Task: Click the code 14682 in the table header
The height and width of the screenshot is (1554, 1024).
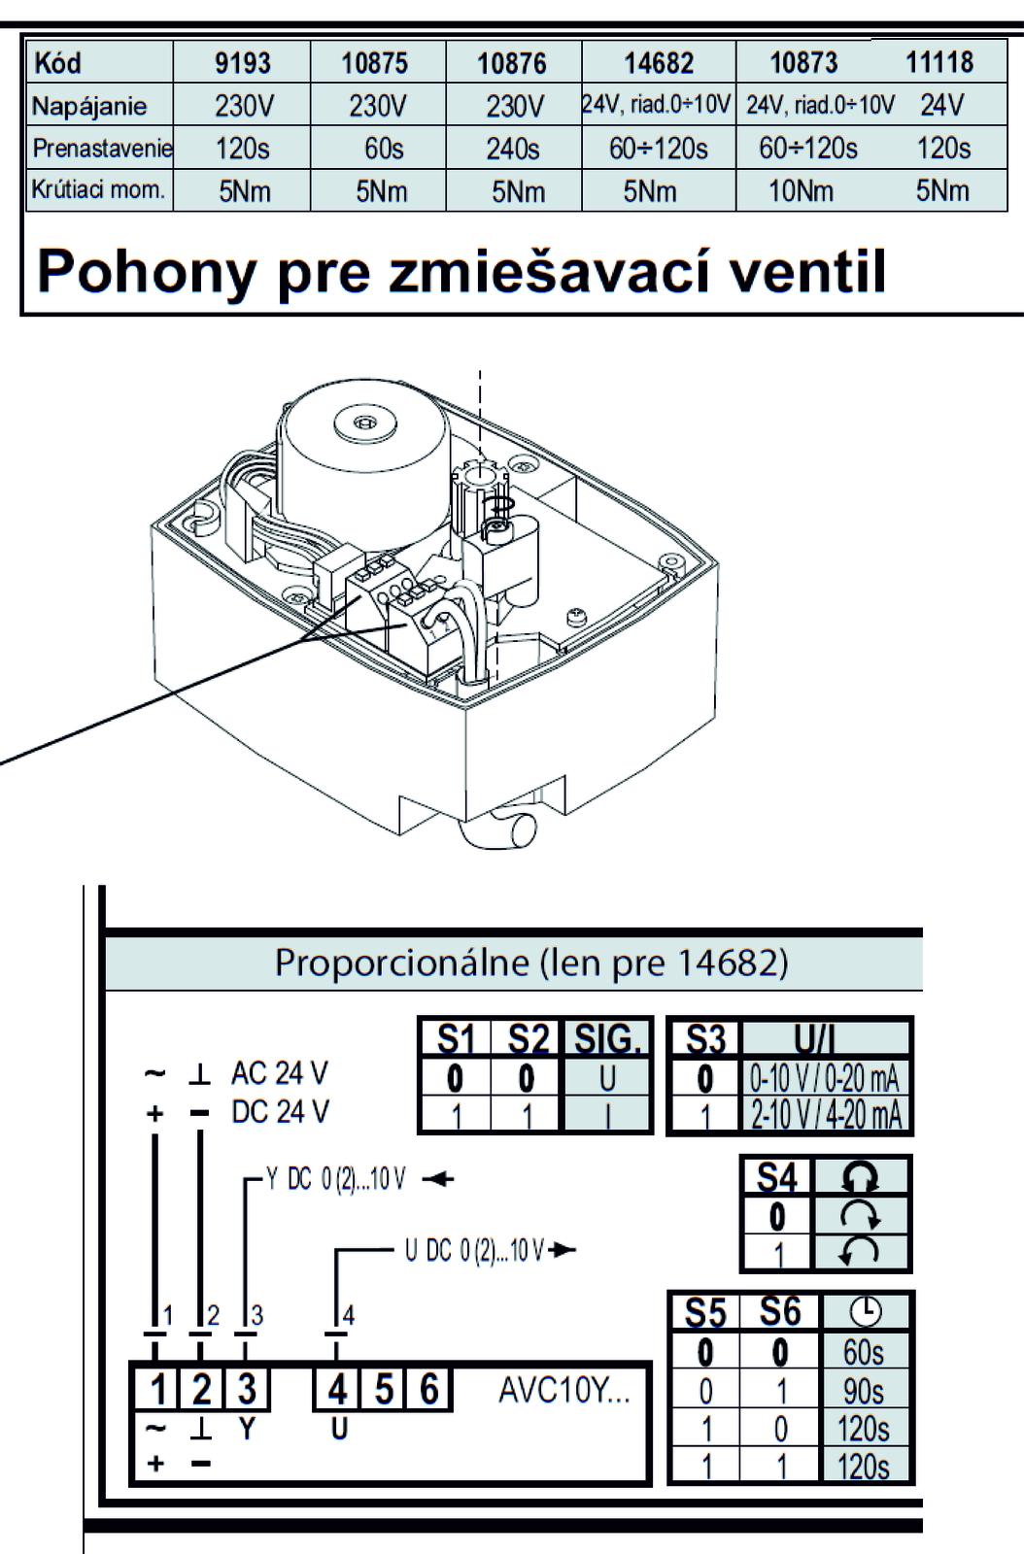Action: tap(659, 64)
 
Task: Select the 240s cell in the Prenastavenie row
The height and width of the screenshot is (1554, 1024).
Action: tap(513, 149)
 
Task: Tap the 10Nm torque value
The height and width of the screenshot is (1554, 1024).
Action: tap(801, 190)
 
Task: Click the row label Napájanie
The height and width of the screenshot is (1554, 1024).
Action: tap(89, 106)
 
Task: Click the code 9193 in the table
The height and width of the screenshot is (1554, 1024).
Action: tap(242, 64)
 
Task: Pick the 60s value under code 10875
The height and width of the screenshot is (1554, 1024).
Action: tap(383, 149)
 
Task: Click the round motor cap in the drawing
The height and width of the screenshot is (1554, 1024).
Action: tap(365, 422)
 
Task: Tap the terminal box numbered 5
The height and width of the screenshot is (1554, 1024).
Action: tap(384, 1390)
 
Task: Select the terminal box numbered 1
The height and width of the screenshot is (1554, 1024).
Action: tap(155, 1390)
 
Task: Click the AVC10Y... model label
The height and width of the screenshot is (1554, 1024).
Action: tap(563, 1390)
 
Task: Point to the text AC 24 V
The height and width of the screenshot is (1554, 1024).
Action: tap(280, 1073)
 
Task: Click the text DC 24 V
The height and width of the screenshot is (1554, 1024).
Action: tap(280, 1111)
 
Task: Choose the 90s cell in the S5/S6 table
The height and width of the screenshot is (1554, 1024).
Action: tap(864, 1391)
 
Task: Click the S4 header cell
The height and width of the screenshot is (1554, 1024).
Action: tap(776, 1177)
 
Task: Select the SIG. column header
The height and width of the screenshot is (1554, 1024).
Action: tap(608, 1039)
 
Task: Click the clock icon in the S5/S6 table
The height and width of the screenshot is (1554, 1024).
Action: tap(865, 1313)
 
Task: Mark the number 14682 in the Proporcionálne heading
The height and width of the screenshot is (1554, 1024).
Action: tap(731, 962)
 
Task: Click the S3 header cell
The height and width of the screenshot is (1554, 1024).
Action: tap(705, 1039)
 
